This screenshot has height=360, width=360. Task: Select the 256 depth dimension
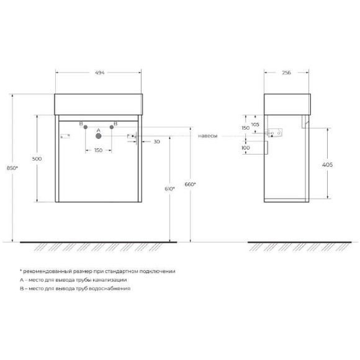pyautogui.click(x=286, y=72)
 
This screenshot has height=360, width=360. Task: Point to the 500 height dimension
pyautogui.click(x=37, y=159)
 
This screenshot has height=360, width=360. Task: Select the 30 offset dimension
pyautogui.click(x=156, y=142)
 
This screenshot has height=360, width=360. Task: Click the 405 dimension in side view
pyautogui.click(x=328, y=164)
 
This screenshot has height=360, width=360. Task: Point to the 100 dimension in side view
pyautogui.click(x=246, y=148)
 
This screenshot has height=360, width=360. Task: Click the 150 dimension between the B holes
pyautogui.click(x=98, y=150)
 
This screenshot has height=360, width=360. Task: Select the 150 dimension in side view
pyautogui.click(x=246, y=128)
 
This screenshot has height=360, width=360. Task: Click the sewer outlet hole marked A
pyautogui.click(x=98, y=135)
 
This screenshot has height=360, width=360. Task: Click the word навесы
pyautogui.click(x=208, y=135)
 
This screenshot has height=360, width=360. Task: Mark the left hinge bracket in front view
pyautogui.click(x=63, y=136)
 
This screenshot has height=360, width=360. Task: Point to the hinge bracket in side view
pyautogui.click(x=274, y=132)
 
